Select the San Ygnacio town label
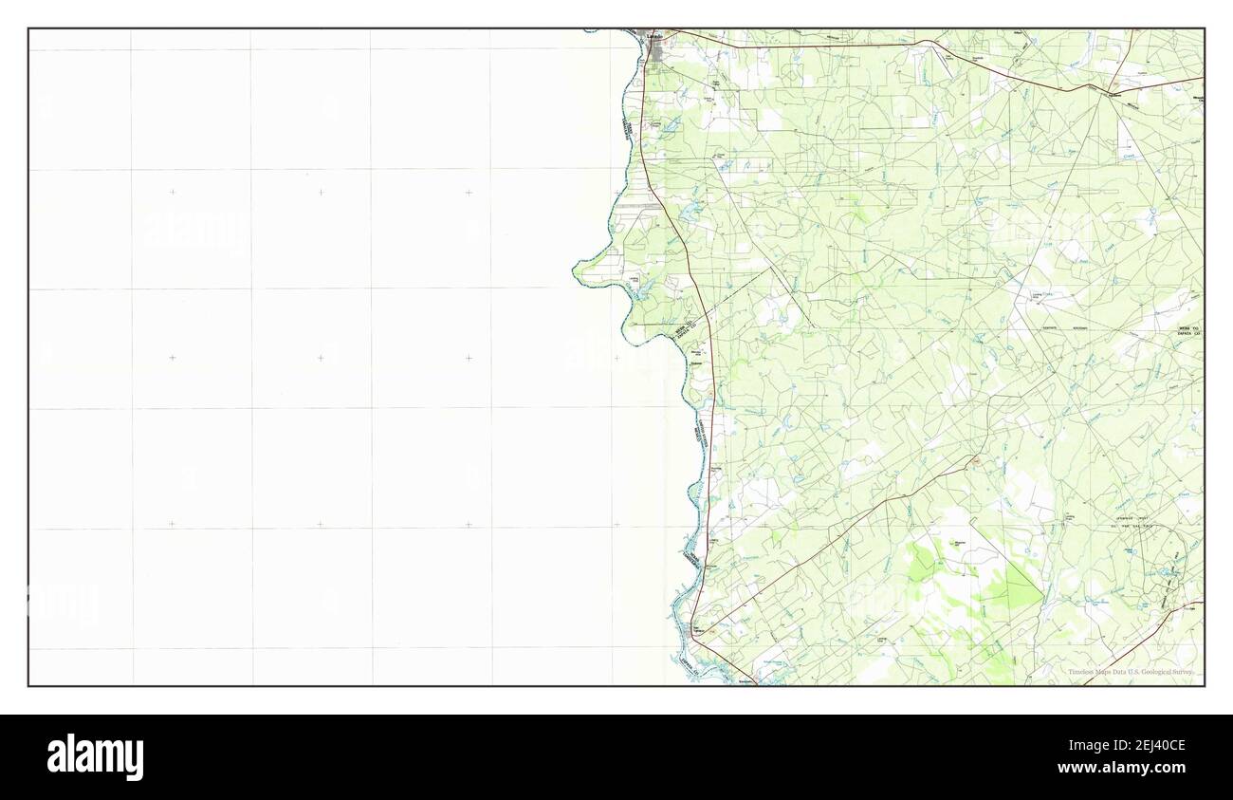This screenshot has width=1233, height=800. [x=700, y=629]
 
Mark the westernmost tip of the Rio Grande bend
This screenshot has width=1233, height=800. [x=575, y=272]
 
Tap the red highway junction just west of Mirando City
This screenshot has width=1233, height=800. [x=1100, y=90]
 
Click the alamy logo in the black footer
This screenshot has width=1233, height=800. [x=95, y=756]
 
